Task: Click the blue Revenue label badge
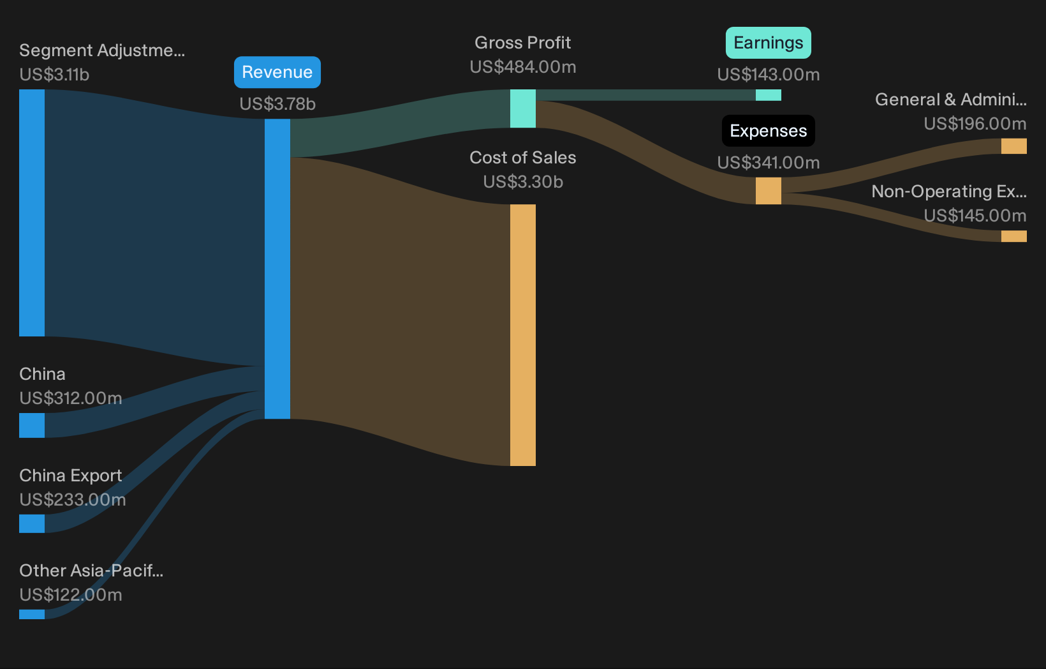tap(277, 72)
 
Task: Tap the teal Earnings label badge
tap(768, 43)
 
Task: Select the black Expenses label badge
tap(768, 131)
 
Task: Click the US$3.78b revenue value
tap(277, 104)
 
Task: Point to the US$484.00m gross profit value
tap(523, 67)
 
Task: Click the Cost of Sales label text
tap(523, 158)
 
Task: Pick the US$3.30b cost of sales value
tap(523, 182)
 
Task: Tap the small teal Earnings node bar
tap(768, 95)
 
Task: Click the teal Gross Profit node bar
tap(523, 109)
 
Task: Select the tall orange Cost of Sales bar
tap(523, 334)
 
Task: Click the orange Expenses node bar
tap(768, 191)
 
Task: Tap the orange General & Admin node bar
tap(1013, 146)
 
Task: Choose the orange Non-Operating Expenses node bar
tap(1013, 236)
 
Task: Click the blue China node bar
tap(32, 425)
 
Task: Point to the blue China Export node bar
tap(32, 523)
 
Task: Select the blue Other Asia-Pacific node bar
tap(32, 614)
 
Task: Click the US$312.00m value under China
tap(71, 398)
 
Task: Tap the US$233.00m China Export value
tap(73, 500)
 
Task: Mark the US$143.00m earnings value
tap(768, 74)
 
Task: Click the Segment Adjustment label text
tap(102, 50)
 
